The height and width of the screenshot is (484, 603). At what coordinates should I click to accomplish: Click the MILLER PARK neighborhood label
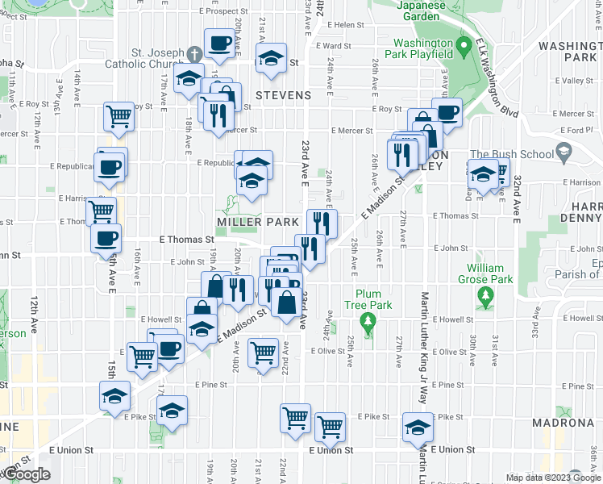(251, 222)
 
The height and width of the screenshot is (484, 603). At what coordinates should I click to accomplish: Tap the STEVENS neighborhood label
(283, 95)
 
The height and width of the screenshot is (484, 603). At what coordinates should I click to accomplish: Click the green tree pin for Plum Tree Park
(368, 324)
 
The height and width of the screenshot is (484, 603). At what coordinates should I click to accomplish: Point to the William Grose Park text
(484, 273)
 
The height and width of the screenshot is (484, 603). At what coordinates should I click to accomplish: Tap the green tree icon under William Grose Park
(484, 298)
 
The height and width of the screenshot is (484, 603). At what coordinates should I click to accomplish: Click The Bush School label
(512, 154)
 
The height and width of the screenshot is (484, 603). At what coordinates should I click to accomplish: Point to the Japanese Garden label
(422, 10)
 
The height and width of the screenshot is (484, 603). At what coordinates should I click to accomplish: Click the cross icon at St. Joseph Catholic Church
(193, 54)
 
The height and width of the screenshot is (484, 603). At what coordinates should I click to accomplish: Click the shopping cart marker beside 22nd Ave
(264, 352)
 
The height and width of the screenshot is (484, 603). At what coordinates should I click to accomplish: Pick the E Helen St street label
(347, 25)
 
